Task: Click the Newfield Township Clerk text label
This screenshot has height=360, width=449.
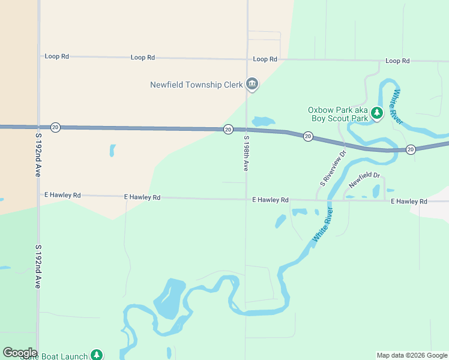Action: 196,85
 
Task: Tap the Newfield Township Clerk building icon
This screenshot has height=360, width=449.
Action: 252,85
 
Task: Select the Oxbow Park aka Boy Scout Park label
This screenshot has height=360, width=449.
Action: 338,114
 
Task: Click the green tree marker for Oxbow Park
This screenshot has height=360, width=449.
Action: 377,113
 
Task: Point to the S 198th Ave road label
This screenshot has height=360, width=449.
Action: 246,154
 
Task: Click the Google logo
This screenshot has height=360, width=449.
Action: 20,353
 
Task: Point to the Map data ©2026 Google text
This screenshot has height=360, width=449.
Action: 412,355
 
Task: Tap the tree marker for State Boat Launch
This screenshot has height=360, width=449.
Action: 97,355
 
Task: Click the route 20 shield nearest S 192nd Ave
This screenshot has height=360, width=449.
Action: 55,127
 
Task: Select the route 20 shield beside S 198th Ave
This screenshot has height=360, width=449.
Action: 228,129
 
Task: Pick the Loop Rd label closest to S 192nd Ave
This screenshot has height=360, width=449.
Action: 57,56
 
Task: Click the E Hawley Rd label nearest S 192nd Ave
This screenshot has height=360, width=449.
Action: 62,195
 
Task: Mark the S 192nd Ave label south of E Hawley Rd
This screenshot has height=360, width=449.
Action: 37,266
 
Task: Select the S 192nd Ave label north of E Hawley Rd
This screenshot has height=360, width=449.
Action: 37,155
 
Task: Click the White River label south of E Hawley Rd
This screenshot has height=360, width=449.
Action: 322,224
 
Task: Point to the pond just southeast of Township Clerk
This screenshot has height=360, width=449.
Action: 264,121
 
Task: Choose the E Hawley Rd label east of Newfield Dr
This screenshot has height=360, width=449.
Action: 409,201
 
